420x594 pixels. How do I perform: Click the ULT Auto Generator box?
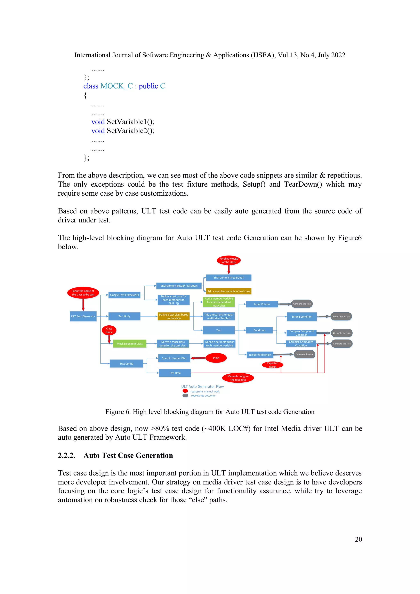pos(83,316)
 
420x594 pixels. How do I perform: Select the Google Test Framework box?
pos(124,295)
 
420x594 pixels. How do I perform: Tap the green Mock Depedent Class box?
pos(130,344)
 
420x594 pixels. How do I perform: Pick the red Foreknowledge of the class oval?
pos(229,260)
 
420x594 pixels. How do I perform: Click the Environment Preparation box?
pos(229,278)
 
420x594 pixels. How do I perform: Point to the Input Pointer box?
pos(262,304)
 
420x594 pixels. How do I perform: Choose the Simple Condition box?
pos(302,317)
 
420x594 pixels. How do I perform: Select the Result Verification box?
pos(260,355)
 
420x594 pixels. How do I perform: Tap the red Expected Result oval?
pos(273,365)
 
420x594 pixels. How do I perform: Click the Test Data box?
pos(175,373)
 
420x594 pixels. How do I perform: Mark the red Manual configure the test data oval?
pos(238,378)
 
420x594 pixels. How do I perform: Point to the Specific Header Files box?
pos(174,358)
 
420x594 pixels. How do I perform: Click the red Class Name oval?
pos(109,330)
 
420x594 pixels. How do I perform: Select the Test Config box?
pos(126,364)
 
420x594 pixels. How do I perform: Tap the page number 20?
pos(358,539)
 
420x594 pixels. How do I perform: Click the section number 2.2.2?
pos(66,456)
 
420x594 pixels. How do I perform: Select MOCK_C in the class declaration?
pos(116,86)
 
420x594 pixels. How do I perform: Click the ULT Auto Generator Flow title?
pos(202,386)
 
